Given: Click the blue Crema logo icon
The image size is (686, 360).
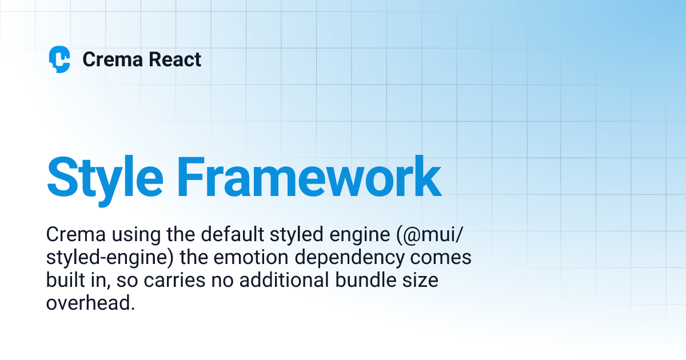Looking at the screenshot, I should [x=59, y=59].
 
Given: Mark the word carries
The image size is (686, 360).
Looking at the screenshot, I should [x=165, y=281].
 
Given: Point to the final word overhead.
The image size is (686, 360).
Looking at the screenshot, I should [x=90, y=303].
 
